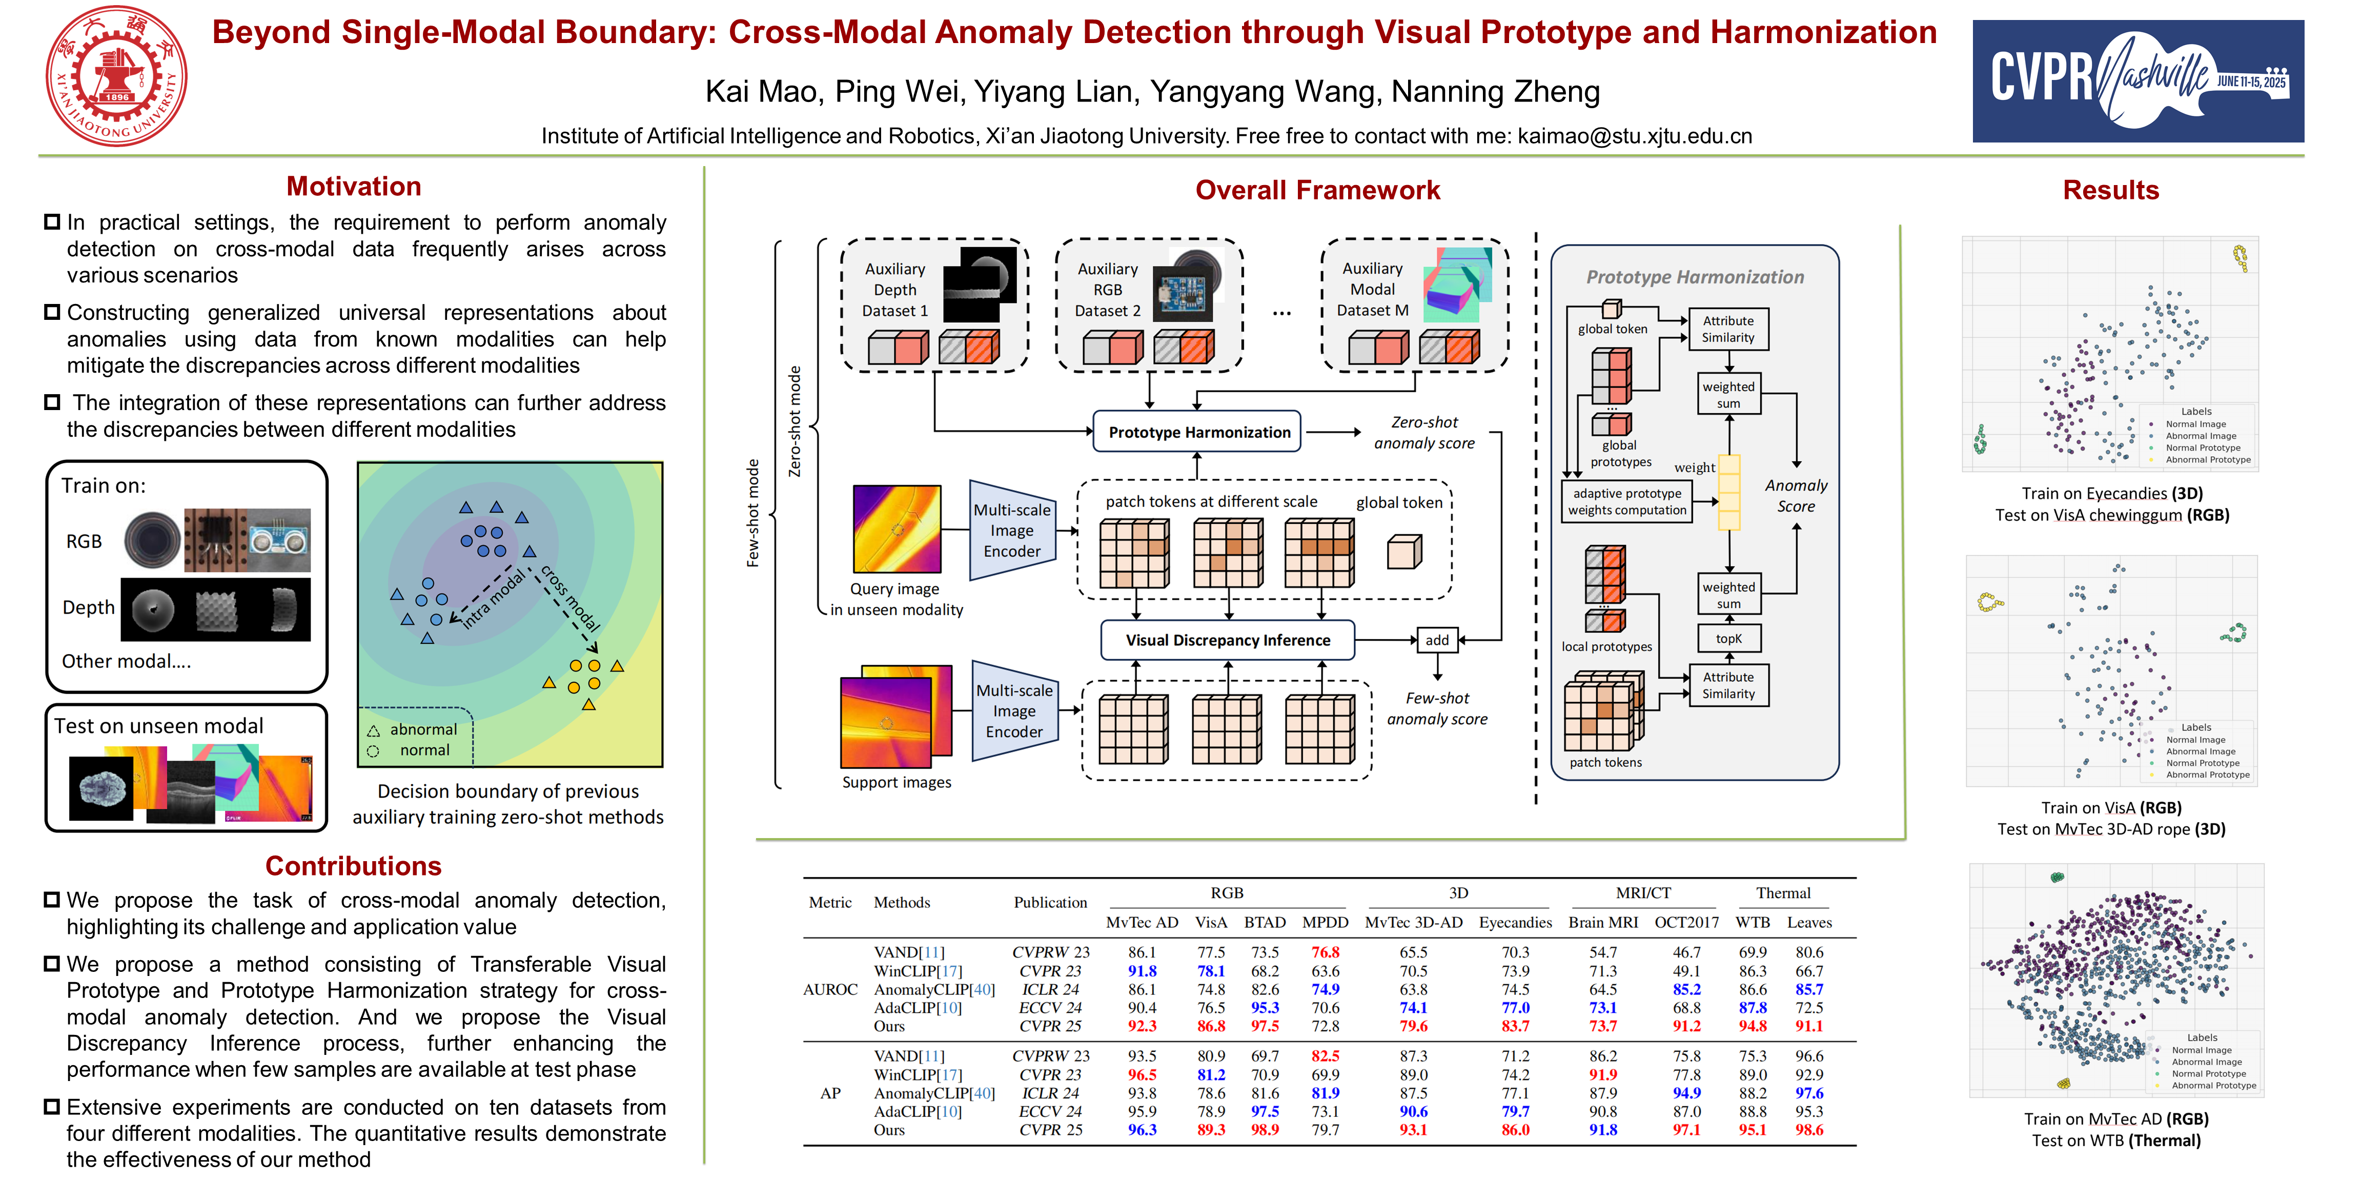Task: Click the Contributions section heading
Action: (x=353, y=866)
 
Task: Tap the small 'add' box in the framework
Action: (x=1437, y=640)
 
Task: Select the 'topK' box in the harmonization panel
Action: (x=1728, y=638)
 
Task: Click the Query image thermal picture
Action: (x=897, y=529)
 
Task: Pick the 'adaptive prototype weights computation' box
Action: (x=1626, y=501)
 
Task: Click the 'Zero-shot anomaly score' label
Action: (x=1424, y=433)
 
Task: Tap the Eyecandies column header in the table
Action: (x=1515, y=923)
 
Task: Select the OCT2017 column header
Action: (x=1686, y=923)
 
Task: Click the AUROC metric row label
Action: (x=830, y=989)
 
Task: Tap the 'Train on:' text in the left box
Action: (x=104, y=486)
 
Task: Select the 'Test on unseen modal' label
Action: (x=158, y=726)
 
